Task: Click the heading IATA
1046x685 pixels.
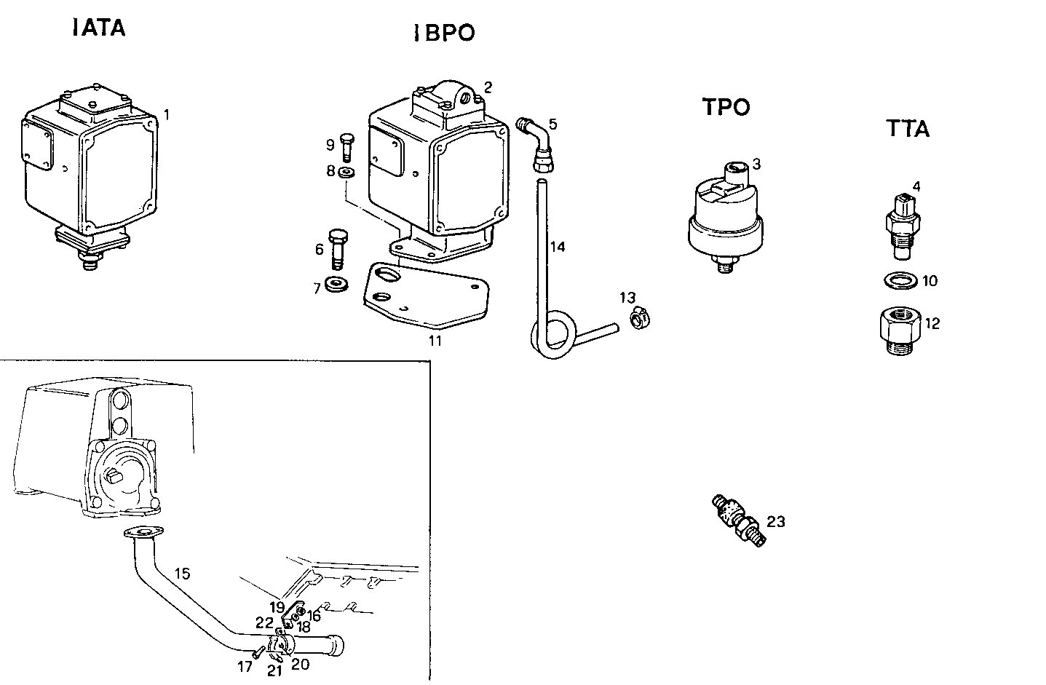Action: (99, 28)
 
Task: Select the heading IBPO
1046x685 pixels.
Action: (443, 33)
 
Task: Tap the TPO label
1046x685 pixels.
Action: (726, 107)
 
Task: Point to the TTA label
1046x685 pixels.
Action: (908, 129)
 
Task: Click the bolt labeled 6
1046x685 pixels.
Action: (338, 248)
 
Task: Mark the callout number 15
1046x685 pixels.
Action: (182, 574)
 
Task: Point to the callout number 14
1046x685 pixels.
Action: (557, 247)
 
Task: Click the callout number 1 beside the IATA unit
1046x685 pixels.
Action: (167, 114)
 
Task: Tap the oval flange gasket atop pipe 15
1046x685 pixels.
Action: (143, 534)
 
